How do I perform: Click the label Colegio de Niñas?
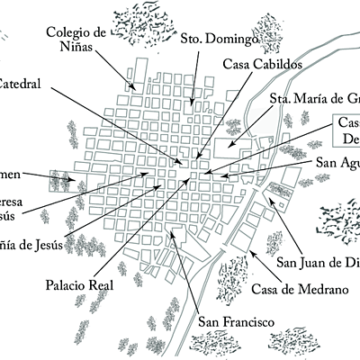click(x=76, y=40)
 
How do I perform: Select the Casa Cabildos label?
click(x=261, y=65)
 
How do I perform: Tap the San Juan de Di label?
click(x=318, y=263)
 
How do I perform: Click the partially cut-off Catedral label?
click(x=24, y=82)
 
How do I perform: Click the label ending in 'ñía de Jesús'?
click(x=31, y=243)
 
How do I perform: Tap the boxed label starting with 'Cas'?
click(x=347, y=131)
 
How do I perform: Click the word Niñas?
click(x=75, y=49)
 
